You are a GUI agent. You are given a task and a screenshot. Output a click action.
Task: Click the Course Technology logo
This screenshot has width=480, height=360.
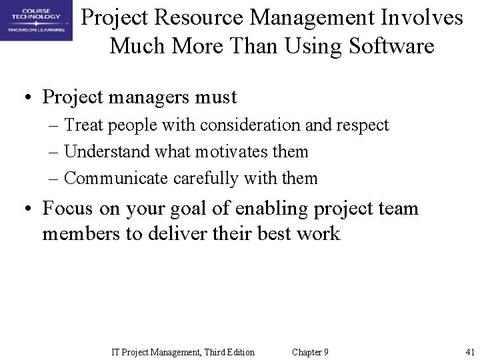pyautogui.click(x=36, y=21)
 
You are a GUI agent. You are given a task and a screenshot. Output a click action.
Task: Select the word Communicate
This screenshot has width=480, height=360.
pyautogui.click(x=117, y=179)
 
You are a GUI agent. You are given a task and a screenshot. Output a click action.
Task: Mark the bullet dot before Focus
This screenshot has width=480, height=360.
pyautogui.click(x=29, y=209)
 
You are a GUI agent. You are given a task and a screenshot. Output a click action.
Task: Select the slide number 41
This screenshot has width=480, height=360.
pyautogui.click(x=469, y=352)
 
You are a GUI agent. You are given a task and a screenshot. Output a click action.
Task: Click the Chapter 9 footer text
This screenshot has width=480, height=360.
pyautogui.click(x=310, y=352)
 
